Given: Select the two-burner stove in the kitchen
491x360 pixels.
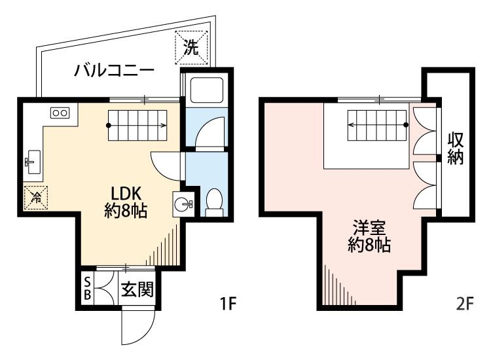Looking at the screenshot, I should click(60, 113).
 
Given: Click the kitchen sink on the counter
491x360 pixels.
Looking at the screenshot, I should click(33, 160).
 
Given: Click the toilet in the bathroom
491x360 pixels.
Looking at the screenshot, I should click(213, 202).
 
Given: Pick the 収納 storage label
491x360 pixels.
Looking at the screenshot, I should click(456, 149).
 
